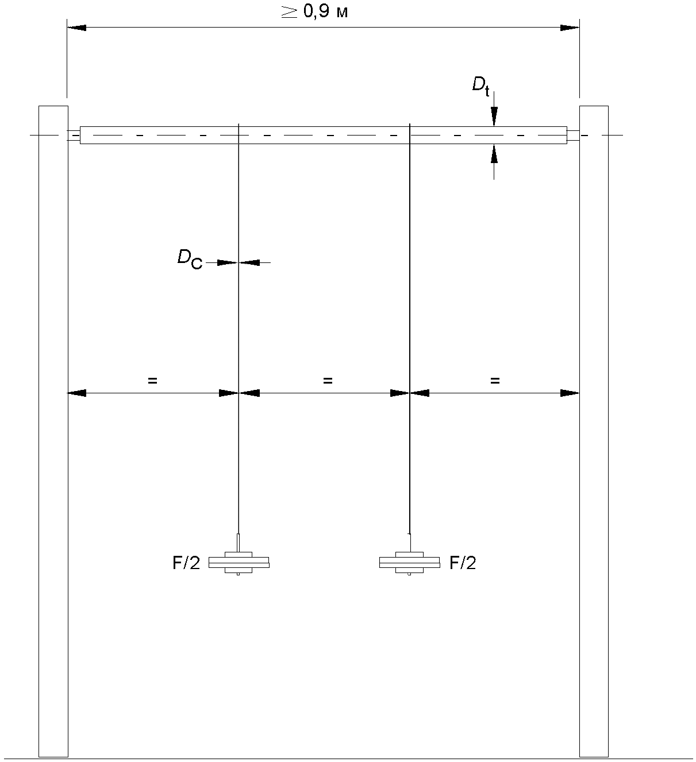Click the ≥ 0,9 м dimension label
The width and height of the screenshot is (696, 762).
tap(315, 12)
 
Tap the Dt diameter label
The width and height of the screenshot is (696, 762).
tap(480, 86)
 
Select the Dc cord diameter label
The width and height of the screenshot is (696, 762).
tap(189, 259)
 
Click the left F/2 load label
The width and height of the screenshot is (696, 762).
tap(186, 563)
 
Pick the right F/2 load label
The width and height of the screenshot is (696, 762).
tap(463, 563)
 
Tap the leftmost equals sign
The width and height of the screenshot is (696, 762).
tap(152, 380)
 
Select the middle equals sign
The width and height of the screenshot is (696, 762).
tap(328, 380)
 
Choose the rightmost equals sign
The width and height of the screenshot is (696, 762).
tap(495, 380)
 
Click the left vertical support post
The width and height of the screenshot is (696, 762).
tap(53, 431)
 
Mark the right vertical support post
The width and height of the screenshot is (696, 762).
tap(594, 431)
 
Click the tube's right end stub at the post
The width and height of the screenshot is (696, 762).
tap(573, 136)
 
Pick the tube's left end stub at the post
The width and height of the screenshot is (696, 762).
tap(74, 136)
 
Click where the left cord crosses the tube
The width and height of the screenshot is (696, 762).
tap(238, 136)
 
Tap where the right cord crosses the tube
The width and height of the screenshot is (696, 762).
tap(409, 136)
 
